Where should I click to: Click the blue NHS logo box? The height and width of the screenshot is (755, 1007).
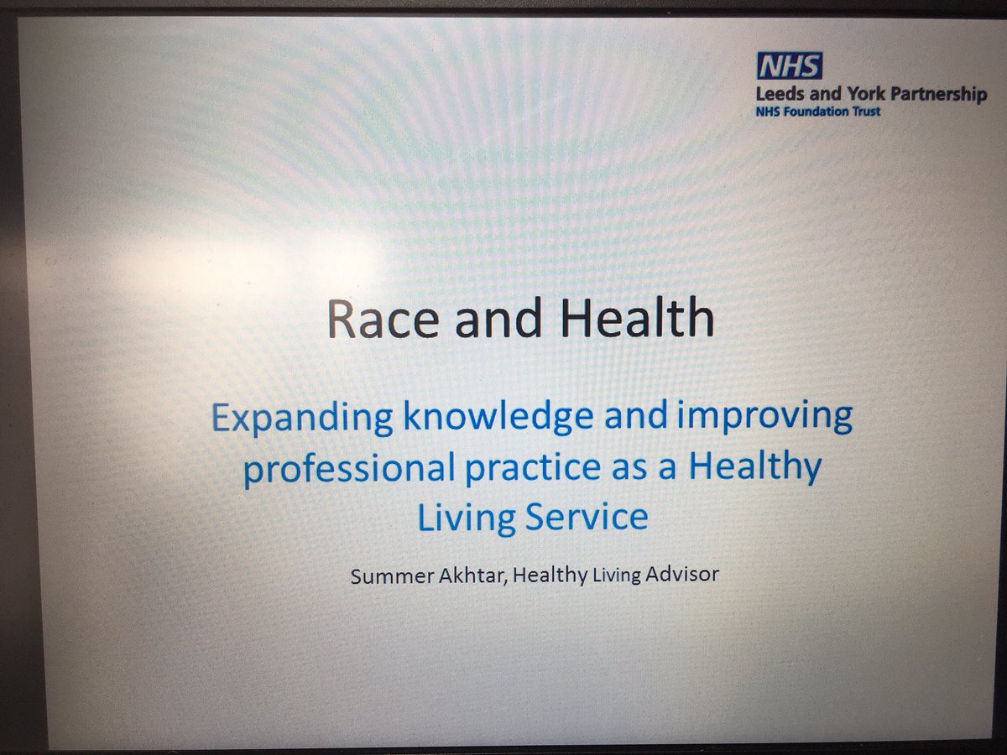tap(790, 66)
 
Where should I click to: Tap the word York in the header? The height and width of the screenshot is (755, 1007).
tap(864, 94)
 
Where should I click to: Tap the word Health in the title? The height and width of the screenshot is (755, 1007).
tap(644, 320)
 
